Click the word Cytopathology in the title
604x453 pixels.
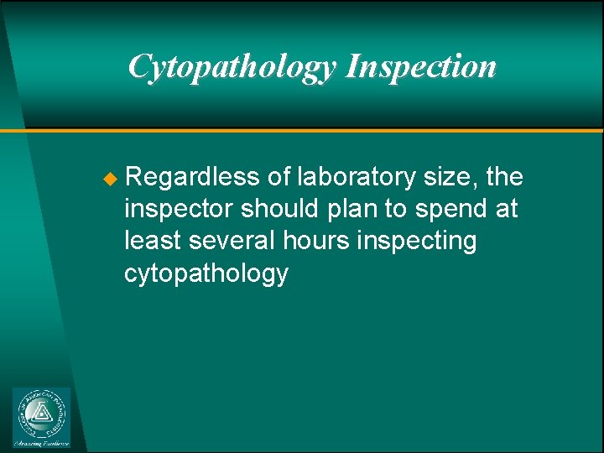232,66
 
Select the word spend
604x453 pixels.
454,210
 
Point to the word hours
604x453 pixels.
318,241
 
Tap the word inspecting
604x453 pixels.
417,242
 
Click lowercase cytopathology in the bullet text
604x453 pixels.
206,273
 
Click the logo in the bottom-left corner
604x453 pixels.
42,418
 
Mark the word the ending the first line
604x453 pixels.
504,177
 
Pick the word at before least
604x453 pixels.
507,210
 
